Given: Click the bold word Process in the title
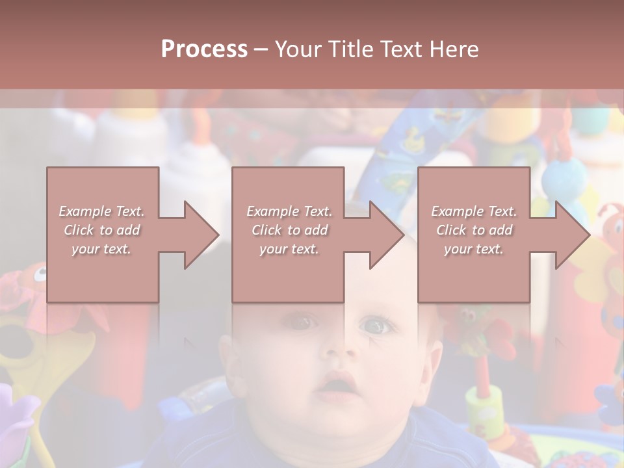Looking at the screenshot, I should coord(204,49).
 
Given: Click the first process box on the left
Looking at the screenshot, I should coord(103,234).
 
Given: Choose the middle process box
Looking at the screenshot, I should coord(288,234).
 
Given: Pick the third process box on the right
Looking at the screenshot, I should coord(473,234).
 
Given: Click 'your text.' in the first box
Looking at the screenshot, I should coord(102,249).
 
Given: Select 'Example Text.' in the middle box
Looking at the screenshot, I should coord(289,211).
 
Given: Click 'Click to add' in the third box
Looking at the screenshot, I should coord(474,230).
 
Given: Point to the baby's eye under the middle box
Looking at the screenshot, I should coord(301,321).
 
